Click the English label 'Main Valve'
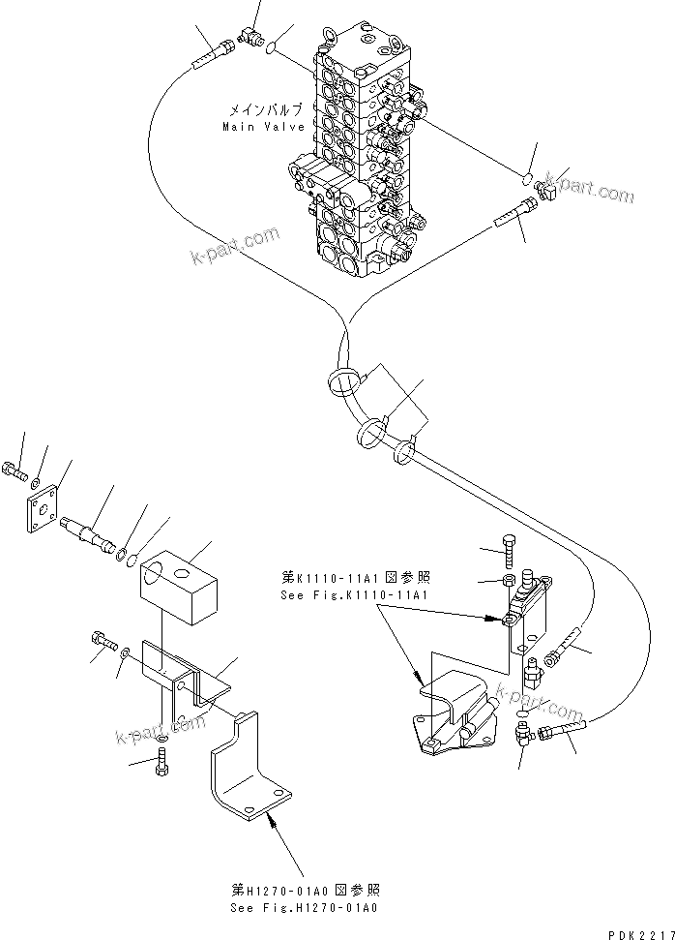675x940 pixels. pyautogui.click(x=263, y=127)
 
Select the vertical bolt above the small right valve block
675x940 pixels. pyautogui.click(x=509, y=552)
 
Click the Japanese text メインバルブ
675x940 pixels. pyautogui.click(x=265, y=110)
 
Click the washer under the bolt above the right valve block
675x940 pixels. pyautogui.click(x=508, y=581)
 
